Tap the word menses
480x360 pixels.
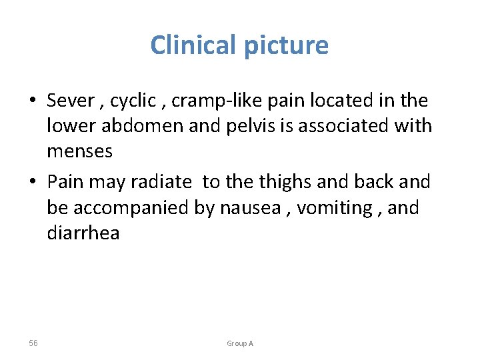click(x=79, y=151)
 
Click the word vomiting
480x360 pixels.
click(x=331, y=208)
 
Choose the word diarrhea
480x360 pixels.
click(x=83, y=233)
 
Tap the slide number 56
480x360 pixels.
click(x=33, y=343)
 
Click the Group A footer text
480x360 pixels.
click(x=240, y=343)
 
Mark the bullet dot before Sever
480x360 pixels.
click(x=32, y=102)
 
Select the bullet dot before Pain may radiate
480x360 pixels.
click(x=32, y=182)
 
